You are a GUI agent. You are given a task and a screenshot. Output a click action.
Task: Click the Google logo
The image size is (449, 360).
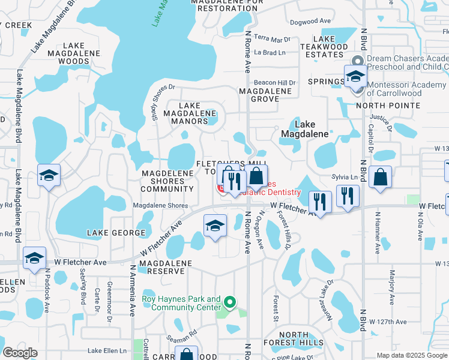tap(20, 353)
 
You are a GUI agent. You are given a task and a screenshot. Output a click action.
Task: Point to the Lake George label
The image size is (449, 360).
tap(116, 233)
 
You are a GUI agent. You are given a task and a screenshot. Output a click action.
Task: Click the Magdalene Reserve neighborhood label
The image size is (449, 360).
tap(166, 267)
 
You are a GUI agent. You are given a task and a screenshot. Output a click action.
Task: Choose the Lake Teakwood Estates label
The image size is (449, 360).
tap(324, 50)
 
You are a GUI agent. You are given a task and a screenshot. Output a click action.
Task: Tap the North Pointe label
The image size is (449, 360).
tap(388, 106)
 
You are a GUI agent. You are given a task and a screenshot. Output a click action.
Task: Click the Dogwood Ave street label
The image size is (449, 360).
tap(310, 20)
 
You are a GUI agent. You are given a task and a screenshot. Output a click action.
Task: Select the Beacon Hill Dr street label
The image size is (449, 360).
tap(276, 82)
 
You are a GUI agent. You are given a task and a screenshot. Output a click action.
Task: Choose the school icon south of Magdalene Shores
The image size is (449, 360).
tap(215, 226)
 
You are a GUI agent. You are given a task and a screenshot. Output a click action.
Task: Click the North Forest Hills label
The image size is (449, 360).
tap(294, 340)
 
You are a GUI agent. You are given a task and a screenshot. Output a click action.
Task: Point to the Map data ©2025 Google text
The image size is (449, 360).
tap(412, 355)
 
